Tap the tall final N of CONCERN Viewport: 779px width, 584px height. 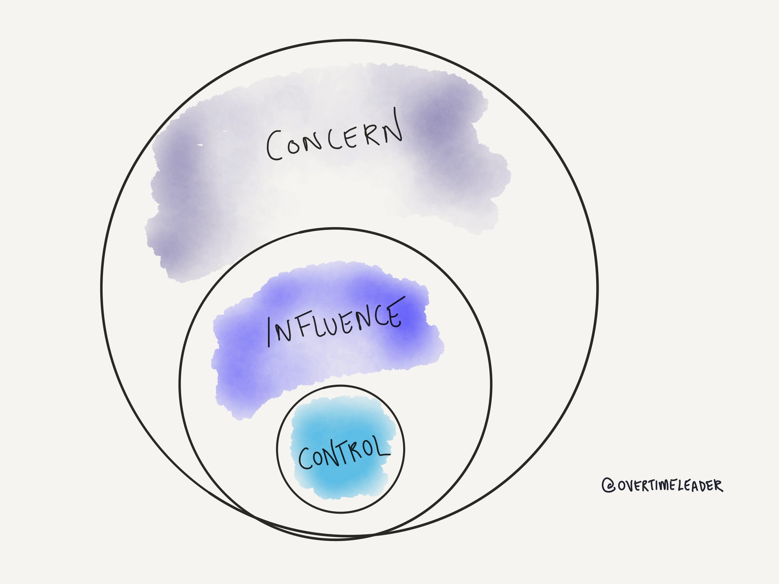pos(393,127)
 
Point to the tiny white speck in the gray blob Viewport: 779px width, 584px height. pos(200,145)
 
